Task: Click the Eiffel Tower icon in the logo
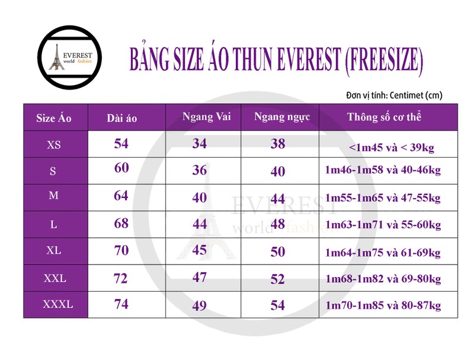(x=56, y=57)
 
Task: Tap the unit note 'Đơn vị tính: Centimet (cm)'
(x=394, y=95)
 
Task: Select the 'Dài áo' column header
(x=122, y=118)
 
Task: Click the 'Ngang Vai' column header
(x=206, y=117)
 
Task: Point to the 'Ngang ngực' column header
(x=282, y=117)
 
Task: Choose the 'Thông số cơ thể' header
(x=384, y=117)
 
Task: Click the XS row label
(x=54, y=145)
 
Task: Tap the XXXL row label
(x=57, y=304)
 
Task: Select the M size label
(x=53, y=196)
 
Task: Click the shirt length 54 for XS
(x=121, y=144)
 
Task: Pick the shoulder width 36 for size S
(x=200, y=170)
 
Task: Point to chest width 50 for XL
(x=278, y=252)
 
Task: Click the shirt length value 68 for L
(x=121, y=224)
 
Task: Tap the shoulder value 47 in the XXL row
(x=200, y=278)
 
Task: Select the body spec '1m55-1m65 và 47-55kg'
(x=383, y=198)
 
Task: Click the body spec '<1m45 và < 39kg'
(x=392, y=148)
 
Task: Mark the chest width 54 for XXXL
(x=278, y=305)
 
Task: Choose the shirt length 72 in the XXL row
(x=120, y=279)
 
